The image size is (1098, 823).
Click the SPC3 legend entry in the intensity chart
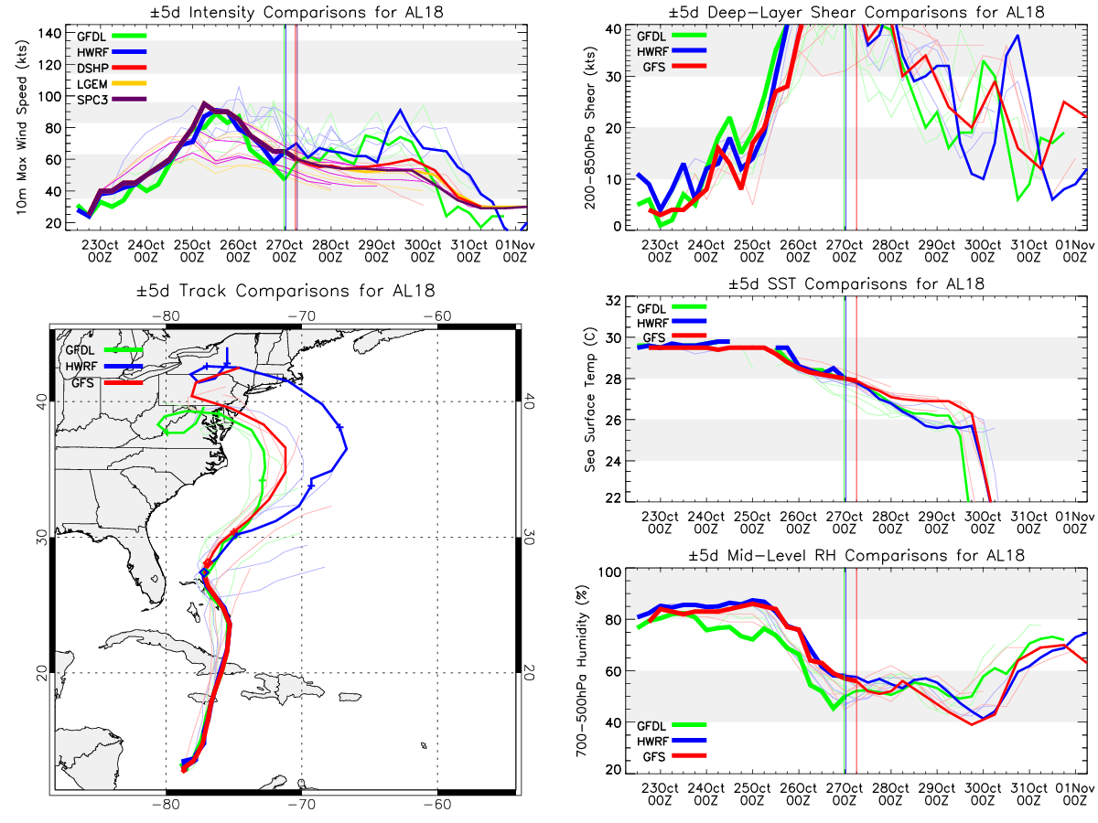click(111, 100)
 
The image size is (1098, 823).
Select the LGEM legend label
click(91, 84)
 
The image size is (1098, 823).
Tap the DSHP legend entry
click(111, 68)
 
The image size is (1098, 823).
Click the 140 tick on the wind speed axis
click(49, 34)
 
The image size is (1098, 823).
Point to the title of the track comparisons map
click(285, 290)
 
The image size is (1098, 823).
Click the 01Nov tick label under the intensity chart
click(515, 251)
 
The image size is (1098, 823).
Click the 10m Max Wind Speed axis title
click(21, 127)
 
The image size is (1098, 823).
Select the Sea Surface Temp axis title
click(590, 400)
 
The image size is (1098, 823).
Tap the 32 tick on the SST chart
click(613, 300)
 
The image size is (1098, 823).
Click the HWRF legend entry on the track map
click(104, 367)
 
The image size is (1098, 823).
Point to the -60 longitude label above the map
click(436, 315)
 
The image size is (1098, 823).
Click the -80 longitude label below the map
click(166, 804)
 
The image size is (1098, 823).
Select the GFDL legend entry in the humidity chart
click(672, 725)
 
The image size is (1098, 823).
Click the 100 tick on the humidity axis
click(609, 572)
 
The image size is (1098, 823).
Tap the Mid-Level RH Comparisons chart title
click(856, 555)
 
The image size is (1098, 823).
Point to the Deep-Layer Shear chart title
click(856, 12)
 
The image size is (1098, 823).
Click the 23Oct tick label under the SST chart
click(660, 522)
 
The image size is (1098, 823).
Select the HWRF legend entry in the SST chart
click(672, 322)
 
